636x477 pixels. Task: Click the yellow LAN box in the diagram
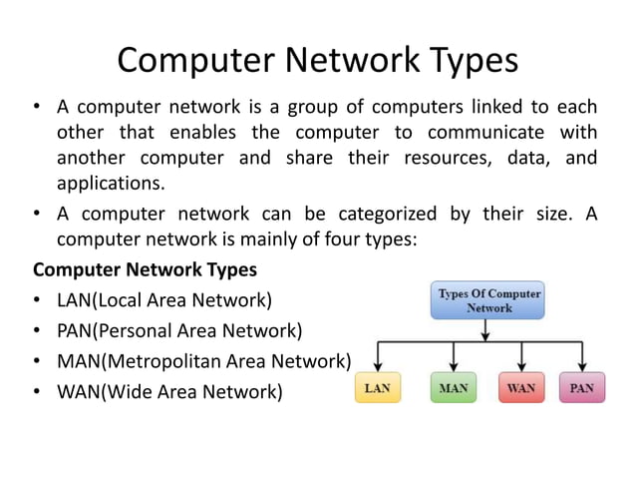tap(378, 386)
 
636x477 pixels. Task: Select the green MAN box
tap(454, 386)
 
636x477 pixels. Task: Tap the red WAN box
tap(520, 386)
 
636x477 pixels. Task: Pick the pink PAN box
tap(582, 386)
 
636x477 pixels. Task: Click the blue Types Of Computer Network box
tap(489, 300)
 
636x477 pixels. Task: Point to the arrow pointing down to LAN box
tap(379, 357)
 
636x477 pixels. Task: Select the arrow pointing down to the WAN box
tap(520, 357)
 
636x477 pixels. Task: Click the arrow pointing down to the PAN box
tap(582, 357)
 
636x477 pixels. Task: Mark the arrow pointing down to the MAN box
tap(454, 357)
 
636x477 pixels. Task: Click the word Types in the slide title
tap(465, 61)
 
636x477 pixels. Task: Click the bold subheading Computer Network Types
tap(145, 269)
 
